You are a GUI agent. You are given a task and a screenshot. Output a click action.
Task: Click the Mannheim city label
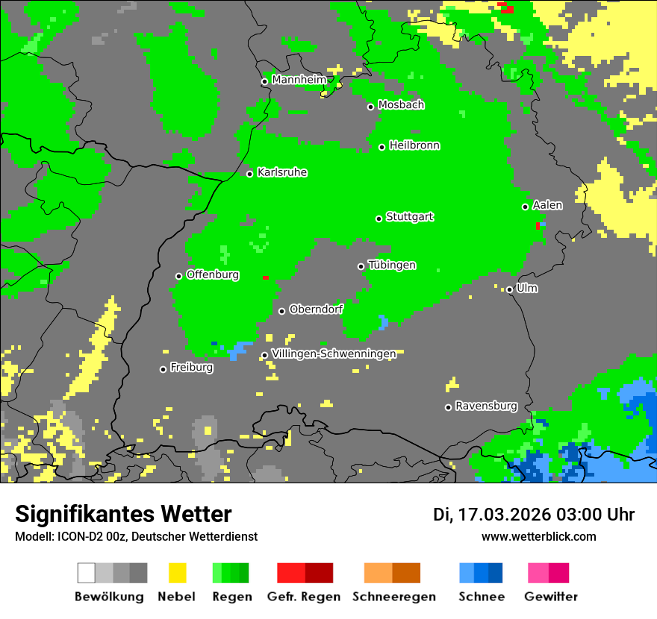[299, 80]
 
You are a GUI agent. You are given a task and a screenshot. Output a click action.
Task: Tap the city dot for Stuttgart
[379, 219]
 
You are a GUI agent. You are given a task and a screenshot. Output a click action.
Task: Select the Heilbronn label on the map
[414, 145]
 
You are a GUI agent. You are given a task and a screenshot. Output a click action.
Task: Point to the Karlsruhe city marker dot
[250, 174]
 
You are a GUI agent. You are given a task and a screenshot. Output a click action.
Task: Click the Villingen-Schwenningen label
[334, 354]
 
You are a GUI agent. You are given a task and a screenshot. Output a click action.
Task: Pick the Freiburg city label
[191, 368]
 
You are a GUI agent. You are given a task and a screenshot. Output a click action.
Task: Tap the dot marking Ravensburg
[448, 407]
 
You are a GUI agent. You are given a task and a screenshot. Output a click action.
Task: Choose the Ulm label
[526, 288]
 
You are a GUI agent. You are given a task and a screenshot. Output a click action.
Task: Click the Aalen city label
[547, 205]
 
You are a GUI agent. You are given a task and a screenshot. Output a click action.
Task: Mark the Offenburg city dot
[178, 276]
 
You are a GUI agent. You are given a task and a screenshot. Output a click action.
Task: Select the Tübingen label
[392, 265]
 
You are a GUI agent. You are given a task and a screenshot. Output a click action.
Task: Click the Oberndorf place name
[316, 309]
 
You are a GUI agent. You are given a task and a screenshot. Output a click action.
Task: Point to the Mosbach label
[401, 105]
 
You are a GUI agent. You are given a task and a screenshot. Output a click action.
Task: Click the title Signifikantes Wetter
[123, 514]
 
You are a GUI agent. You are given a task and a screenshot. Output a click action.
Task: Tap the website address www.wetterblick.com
[538, 536]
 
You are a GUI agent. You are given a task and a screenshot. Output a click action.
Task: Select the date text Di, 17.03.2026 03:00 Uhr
[533, 515]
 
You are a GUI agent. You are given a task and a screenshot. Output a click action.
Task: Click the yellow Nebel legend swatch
[177, 573]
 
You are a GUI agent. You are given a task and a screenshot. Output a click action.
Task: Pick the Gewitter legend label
[550, 597]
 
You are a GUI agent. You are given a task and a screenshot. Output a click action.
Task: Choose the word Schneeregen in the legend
[393, 597]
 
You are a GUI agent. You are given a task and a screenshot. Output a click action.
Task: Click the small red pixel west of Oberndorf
[265, 277]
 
